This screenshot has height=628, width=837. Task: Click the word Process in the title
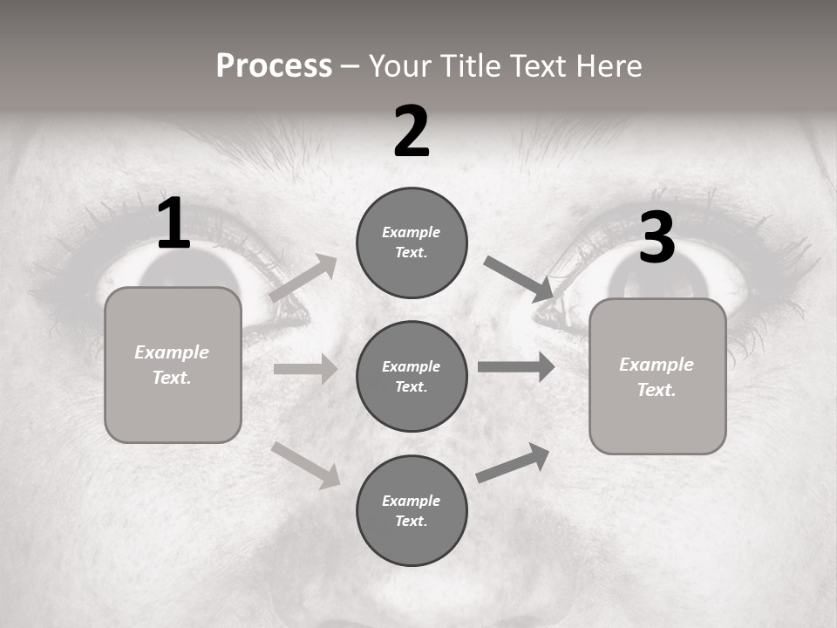click(x=274, y=66)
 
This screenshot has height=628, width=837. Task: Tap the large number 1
click(x=174, y=224)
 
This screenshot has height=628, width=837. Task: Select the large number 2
click(x=412, y=132)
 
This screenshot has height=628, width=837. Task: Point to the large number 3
click(x=657, y=238)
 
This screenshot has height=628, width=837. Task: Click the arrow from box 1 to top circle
click(x=303, y=278)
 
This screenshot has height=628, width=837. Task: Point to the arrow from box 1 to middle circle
click(x=305, y=369)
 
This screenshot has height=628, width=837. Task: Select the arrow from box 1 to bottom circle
click(x=305, y=464)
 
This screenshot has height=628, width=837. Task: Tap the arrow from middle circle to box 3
click(x=516, y=366)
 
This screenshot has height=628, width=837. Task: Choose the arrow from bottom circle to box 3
click(x=513, y=463)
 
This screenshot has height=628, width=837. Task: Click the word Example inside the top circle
click(x=412, y=232)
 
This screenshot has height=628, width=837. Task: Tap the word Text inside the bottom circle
click(x=410, y=521)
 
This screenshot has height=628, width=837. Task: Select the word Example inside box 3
click(x=657, y=365)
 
